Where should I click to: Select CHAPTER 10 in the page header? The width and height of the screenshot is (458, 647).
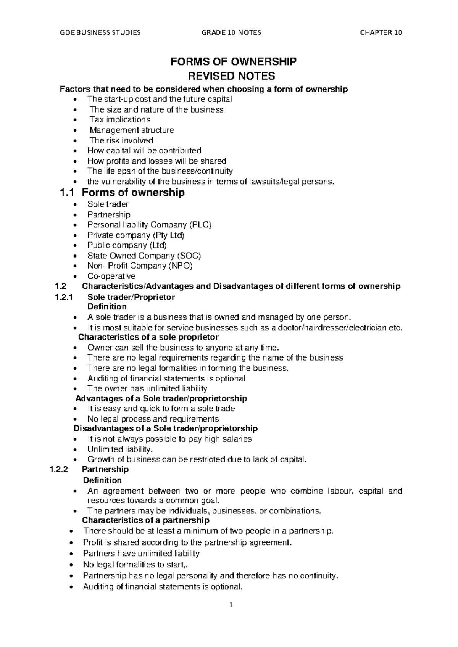tap(381, 32)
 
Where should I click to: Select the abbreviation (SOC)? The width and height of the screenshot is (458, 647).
tap(189, 256)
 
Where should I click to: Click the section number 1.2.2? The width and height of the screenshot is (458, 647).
tap(59, 469)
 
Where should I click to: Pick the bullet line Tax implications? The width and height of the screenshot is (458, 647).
tap(120, 119)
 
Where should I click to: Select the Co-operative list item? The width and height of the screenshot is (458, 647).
tap(111, 276)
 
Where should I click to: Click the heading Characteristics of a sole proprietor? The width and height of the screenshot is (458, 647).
tap(148, 337)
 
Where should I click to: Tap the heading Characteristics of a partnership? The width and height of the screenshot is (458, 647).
tap(146, 520)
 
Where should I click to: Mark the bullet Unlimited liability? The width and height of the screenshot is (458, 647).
tap(120, 449)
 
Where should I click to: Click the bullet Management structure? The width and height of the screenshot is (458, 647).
tap(132, 130)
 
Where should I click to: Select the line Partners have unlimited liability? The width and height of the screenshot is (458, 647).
tap(141, 553)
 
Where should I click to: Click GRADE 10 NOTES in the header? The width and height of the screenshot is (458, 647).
tap(231, 32)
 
